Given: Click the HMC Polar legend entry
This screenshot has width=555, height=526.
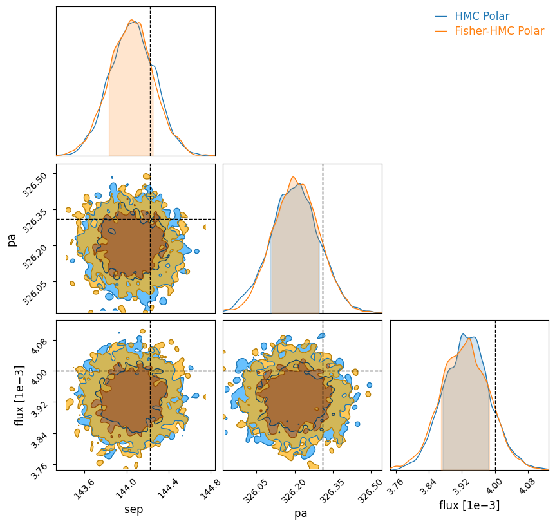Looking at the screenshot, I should (x=482, y=16).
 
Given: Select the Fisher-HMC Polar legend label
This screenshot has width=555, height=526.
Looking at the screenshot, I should (x=499, y=31).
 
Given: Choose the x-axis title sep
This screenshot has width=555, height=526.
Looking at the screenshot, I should (x=134, y=510).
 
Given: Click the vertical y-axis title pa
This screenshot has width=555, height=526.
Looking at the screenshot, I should (x=12, y=240).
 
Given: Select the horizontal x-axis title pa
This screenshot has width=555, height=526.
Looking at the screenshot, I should (x=301, y=513).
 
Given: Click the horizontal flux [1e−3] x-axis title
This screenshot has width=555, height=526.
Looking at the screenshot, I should (x=469, y=505).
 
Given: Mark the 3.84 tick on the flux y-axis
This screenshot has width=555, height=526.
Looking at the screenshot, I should (x=46, y=434).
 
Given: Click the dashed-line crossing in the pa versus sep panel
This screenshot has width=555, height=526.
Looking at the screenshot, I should (x=150, y=220).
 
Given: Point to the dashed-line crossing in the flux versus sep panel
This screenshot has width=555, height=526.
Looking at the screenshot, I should (x=150, y=371).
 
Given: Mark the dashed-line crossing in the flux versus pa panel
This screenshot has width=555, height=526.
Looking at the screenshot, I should (x=323, y=371).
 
